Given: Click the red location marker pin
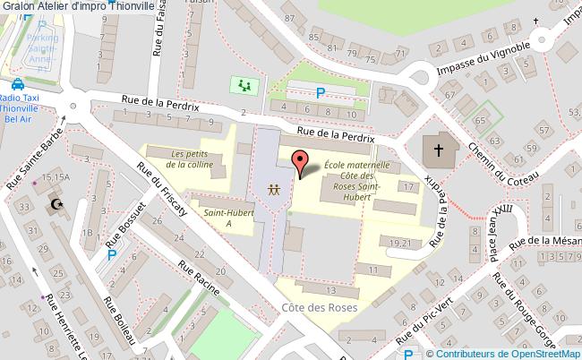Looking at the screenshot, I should click(302, 162).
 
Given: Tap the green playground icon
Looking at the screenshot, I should click(244, 86).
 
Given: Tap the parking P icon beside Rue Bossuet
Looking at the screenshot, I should click(111, 255).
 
